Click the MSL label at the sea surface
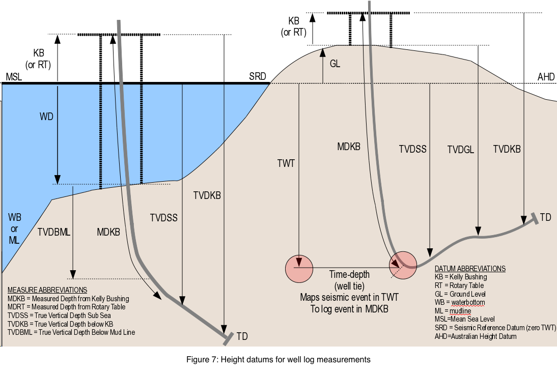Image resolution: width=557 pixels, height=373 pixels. tap(14, 77)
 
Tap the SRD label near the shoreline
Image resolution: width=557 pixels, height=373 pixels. tap(258, 76)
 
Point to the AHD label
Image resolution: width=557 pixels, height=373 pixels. tap(546, 77)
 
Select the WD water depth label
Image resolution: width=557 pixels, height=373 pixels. tap(46, 117)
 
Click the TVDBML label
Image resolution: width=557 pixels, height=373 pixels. tap(54, 232)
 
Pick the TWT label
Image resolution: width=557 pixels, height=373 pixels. tap(286, 163)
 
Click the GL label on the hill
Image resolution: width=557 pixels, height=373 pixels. tap(335, 64)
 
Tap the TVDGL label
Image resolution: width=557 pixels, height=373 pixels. tap(461, 150)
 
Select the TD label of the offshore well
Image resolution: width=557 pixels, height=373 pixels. tap(242, 336)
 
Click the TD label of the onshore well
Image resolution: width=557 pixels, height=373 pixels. tap(545, 217)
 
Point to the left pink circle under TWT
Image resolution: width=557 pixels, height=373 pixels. tap(299, 269)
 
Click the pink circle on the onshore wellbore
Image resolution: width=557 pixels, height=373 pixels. tap(403, 265)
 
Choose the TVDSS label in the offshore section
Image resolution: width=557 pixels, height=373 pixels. tap(164, 218)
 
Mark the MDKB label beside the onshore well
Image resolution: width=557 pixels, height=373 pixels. tap(349, 146)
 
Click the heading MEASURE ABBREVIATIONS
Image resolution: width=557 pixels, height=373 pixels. tap(47, 290)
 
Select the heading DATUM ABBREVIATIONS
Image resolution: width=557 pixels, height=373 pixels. tap(470, 269)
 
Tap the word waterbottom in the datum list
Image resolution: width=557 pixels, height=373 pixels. tap(468, 302)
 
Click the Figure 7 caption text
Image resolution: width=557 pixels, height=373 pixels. tap(278, 359)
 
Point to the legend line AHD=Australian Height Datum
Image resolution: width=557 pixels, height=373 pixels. tap(476, 336)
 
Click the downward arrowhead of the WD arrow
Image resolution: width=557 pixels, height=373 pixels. tap(58, 179)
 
